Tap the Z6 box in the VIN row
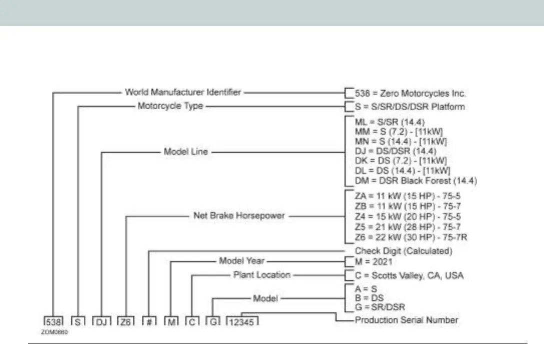[125, 321]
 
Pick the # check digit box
[148, 321]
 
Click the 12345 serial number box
[242, 321]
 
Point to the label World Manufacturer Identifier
[183, 92]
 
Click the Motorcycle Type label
[170, 106]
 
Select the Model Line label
[185, 151]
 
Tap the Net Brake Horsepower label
[239, 216]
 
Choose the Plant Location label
[261, 274]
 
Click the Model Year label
[241, 260]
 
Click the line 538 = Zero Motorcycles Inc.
[410, 92]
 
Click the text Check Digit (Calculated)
[403, 250]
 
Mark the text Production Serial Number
[406, 319]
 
